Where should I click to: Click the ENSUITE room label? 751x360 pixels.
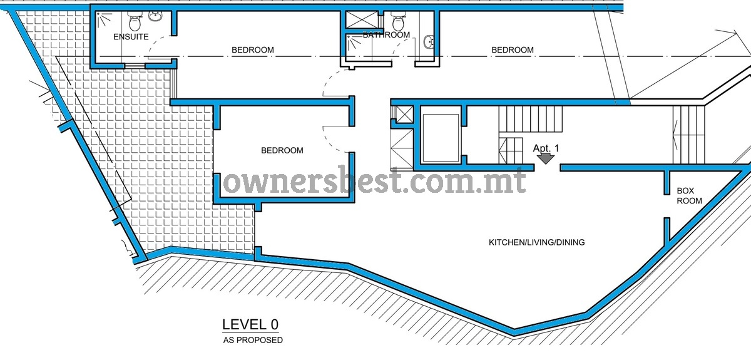point(131,36)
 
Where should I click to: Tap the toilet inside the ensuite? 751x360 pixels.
point(135,21)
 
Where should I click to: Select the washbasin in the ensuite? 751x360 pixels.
point(155,16)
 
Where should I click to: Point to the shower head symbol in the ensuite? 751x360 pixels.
point(104,19)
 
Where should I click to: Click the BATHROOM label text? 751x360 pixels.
point(386,35)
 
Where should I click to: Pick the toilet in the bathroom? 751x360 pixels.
point(398,21)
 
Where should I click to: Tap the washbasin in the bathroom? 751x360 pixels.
point(429,43)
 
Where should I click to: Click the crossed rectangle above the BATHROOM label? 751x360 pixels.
point(362,19)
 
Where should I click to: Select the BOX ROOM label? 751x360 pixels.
point(689,195)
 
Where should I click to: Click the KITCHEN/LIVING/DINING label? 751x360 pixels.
point(536,242)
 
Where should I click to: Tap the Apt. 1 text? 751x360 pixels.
point(546,148)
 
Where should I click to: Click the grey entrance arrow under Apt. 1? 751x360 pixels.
point(546,158)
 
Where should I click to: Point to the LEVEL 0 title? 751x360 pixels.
point(250,324)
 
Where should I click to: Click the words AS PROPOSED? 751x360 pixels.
point(253,340)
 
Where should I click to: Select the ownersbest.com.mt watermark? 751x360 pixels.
point(374,181)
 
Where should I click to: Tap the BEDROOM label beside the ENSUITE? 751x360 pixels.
point(253,50)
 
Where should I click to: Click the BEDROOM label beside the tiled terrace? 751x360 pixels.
point(282,150)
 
